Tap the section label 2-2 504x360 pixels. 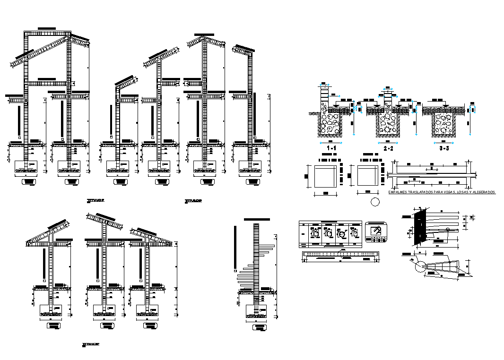click(x=388, y=148)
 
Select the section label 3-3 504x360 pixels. click(x=443, y=148)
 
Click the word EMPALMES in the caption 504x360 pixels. click(x=398, y=192)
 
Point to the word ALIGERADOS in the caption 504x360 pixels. click(x=482, y=192)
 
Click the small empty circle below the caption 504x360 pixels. click(x=375, y=202)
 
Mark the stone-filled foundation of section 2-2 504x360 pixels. click(x=388, y=125)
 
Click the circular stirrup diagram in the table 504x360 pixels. click(x=342, y=233)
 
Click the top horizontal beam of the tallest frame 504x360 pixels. click(x=47, y=34)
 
